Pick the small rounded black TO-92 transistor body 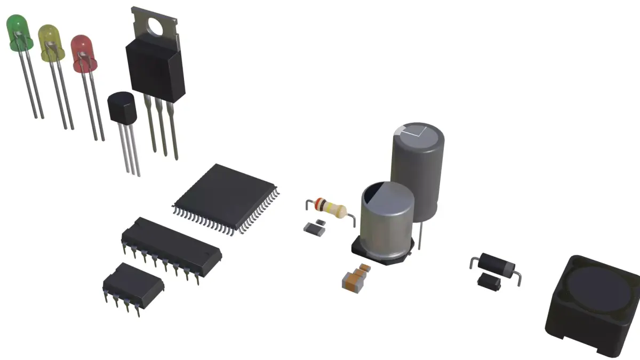tap(122, 107)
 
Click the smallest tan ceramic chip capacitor tap(366, 267)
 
